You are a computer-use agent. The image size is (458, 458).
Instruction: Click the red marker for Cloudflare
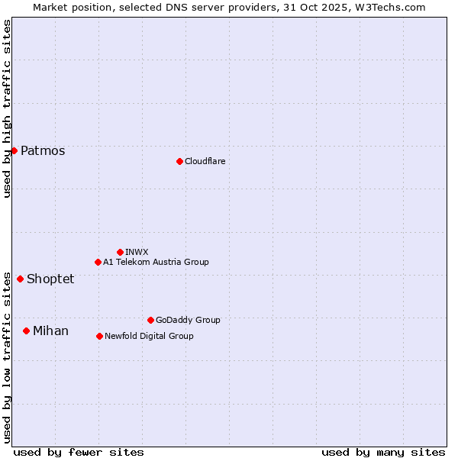coord(179,161)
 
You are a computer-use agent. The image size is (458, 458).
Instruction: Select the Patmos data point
coord(14,150)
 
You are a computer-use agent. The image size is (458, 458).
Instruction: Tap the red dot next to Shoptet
coord(20,279)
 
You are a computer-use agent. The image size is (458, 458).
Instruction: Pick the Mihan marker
coord(26,331)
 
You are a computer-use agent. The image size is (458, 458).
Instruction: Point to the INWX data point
coord(120,252)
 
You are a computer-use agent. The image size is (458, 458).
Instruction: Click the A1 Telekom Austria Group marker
coord(98,262)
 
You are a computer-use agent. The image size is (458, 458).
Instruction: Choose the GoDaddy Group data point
coord(150,320)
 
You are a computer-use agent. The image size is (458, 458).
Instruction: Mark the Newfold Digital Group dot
coord(99,336)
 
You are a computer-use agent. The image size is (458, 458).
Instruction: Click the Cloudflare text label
coord(205,161)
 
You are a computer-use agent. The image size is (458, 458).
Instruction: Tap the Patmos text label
coord(43,150)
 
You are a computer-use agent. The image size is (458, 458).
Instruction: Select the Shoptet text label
coord(50,279)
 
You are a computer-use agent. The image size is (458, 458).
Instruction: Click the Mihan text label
coord(50,331)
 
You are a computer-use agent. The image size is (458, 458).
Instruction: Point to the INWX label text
coord(137,252)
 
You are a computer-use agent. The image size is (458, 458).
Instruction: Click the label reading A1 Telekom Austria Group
coord(156,262)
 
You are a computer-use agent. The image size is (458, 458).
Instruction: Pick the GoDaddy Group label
coord(188,320)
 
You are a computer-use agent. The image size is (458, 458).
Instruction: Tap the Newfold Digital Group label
coord(149,336)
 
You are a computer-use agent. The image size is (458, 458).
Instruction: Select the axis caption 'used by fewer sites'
coord(79,452)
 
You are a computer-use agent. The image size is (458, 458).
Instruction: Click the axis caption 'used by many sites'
coord(383,452)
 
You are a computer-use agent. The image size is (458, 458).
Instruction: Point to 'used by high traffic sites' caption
coord(7,108)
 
